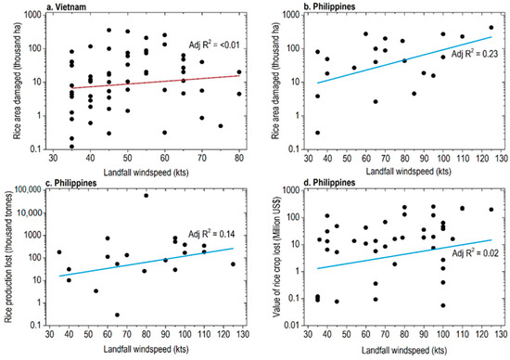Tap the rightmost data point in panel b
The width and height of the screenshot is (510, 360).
pos(491,28)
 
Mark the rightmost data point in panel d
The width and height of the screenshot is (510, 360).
pos(491,210)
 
